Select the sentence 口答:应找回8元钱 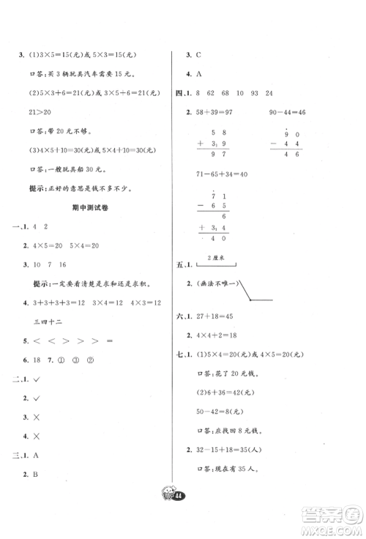tap(229, 434)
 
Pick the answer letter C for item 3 tap(198, 54)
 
